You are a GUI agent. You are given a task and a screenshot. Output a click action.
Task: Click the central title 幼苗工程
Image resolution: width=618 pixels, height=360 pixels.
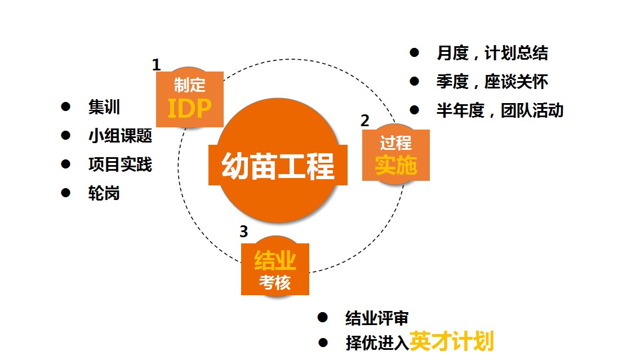click(x=278, y=166)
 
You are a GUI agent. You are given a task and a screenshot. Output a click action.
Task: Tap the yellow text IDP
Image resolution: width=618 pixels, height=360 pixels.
click(x=190, y=108)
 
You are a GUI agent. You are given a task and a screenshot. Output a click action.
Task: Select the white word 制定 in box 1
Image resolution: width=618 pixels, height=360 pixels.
click(x=190, y=85)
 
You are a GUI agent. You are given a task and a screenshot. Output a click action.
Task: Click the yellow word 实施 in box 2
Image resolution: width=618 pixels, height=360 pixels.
click(x=395, y=165)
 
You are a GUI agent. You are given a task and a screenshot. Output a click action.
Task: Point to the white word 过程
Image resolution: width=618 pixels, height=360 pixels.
click(x=395, y=143)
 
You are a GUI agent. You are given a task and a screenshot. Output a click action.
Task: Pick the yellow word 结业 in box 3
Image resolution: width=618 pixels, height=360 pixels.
click(x=275, y=260)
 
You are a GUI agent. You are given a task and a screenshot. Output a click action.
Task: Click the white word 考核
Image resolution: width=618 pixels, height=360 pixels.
click(x=275, y=282)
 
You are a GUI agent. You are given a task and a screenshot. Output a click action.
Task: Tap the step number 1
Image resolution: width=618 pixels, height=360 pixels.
click(x=157, y=65)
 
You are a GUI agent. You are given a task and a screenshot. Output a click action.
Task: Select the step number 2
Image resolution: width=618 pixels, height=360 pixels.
click(x=365, y=121)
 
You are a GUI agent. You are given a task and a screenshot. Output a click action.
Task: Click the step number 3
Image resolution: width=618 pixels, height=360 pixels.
click(x=244, y=232)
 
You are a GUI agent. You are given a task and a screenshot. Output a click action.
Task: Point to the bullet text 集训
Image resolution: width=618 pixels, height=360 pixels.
click(x=104, y=107)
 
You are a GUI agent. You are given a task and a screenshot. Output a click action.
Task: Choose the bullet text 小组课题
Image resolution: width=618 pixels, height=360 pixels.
click(x=120, y=136)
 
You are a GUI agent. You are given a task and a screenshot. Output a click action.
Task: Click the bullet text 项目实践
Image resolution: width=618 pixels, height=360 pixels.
click(x=120, y=165)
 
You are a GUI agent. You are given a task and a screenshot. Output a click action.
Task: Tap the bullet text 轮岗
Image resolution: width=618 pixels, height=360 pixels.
click(x=104, y=193)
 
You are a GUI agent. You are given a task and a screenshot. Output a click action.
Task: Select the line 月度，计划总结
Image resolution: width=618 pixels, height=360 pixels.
click(x=492, y=53)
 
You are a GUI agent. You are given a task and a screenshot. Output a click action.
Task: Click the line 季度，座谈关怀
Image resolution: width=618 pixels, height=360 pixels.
click(x=492, y=82)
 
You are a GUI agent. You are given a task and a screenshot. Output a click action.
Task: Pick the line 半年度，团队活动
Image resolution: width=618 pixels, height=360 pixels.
click(x=500, y=110)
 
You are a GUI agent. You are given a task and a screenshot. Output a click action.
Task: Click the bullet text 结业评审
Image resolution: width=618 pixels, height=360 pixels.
click(x=377, y=318)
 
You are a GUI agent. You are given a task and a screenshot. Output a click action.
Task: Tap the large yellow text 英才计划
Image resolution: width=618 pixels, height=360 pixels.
click(x=452, y=341)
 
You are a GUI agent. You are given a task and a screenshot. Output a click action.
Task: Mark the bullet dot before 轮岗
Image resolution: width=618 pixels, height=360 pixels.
click(x=66, y=193)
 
